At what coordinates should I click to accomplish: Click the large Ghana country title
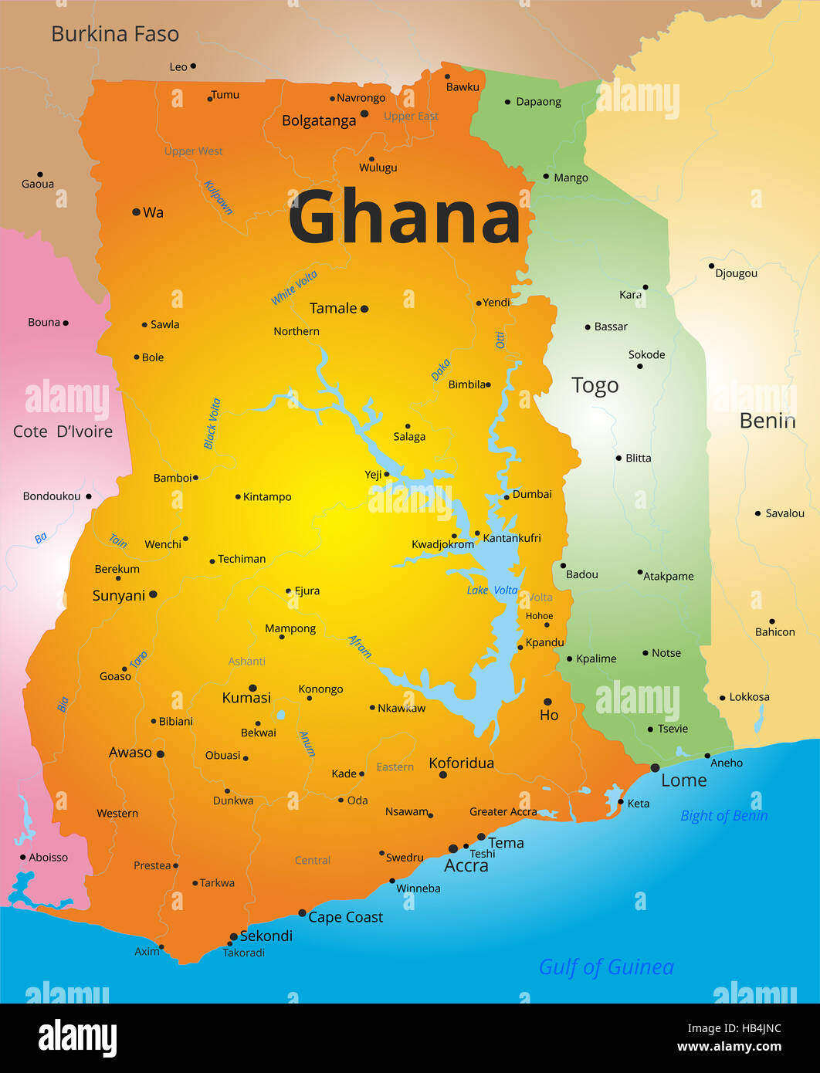point(405,218)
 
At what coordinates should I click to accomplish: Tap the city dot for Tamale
point(364,309)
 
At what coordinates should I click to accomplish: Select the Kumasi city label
point(246,698)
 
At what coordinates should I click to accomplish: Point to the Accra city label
point(466,866)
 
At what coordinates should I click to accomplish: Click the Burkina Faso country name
point(115,34)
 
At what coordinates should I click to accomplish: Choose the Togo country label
point(595,385)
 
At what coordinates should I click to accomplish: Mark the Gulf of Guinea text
point(606,967)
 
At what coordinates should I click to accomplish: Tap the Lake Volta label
point(492,591)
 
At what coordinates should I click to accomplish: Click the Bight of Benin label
point(723,816)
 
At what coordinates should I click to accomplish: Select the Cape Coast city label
point(345,917)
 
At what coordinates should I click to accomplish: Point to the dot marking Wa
point(137,212)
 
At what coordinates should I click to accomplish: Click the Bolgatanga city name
point(319,120)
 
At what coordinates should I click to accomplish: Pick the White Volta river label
point(294,287)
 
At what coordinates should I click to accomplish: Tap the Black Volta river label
point(212,424)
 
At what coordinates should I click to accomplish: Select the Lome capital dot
point(655,768)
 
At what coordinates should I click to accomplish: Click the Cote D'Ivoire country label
point(63,432)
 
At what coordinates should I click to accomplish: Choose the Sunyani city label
point(119,596)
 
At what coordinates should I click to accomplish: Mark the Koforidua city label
point(461,763)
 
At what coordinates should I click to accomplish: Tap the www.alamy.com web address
point(729,1047)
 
